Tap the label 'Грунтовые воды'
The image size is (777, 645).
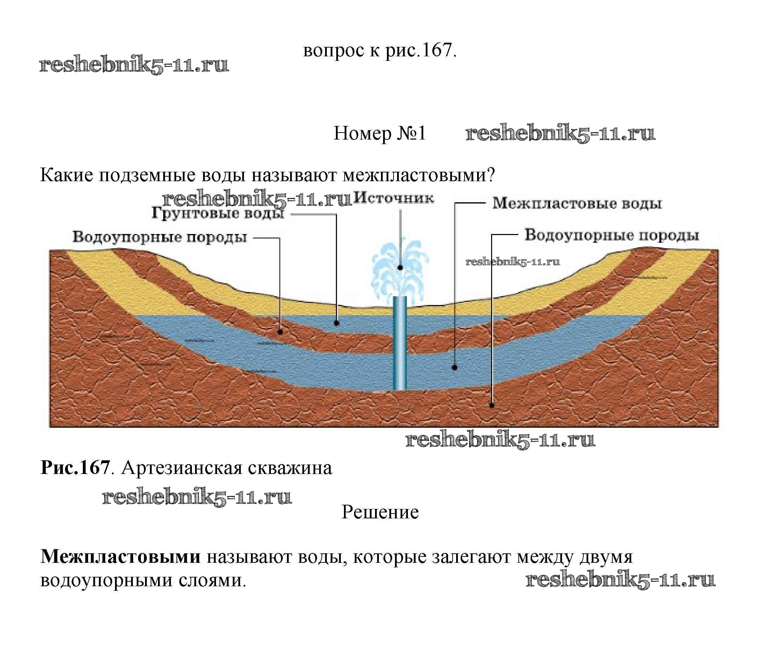click(x=218, y=214)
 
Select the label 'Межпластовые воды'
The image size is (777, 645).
click(x=577, y=204)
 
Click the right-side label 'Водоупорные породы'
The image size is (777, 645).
click(x=612, y=235)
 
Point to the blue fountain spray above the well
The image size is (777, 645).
click(x=400, y=267)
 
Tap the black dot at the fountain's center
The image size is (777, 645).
click(x=400, y=267)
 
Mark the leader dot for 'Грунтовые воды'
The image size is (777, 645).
click(x=336, y=323)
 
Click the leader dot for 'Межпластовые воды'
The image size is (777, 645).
click(x=454, y=367)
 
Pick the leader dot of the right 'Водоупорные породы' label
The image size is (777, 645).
click(x=492, y=405)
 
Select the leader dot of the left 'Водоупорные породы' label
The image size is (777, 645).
click(x=280, y=332)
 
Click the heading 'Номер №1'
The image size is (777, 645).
click(x=380, y=133)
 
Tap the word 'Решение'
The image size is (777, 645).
click(x=380, y=512)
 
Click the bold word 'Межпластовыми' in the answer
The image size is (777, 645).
click(x=121, y=557)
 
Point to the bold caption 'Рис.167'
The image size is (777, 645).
click(x=75, y=468)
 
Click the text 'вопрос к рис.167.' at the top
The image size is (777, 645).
click(x=380, y=50)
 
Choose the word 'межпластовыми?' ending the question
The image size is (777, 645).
click(x=418, y=175)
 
